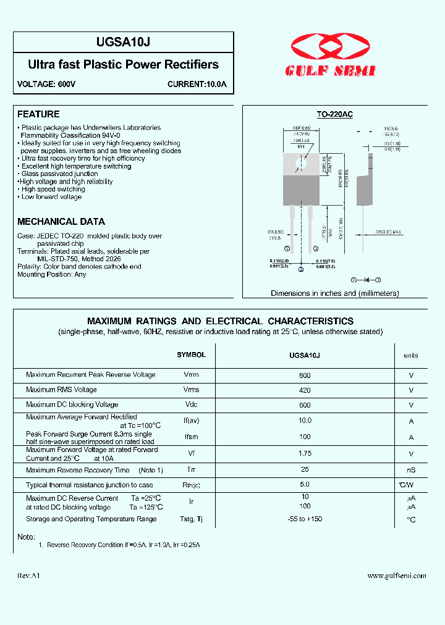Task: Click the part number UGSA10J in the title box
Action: coord(124,42)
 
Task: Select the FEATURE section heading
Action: coord(38,114)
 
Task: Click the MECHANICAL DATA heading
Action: coord(61,222)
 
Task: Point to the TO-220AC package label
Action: coord(334,114)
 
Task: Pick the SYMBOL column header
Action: coord(191,355)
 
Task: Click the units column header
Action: coord(411,356)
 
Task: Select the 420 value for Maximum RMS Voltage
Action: coord(305,390)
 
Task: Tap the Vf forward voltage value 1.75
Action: coord(305,453)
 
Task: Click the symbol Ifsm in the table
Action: coord(191,437)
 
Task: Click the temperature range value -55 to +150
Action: coord(305,519)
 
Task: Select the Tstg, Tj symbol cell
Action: coord(191,519)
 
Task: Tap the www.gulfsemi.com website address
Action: coord(397,576)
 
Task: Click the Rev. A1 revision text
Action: coord(29,576)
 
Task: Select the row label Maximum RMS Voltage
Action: coord(61,390)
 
